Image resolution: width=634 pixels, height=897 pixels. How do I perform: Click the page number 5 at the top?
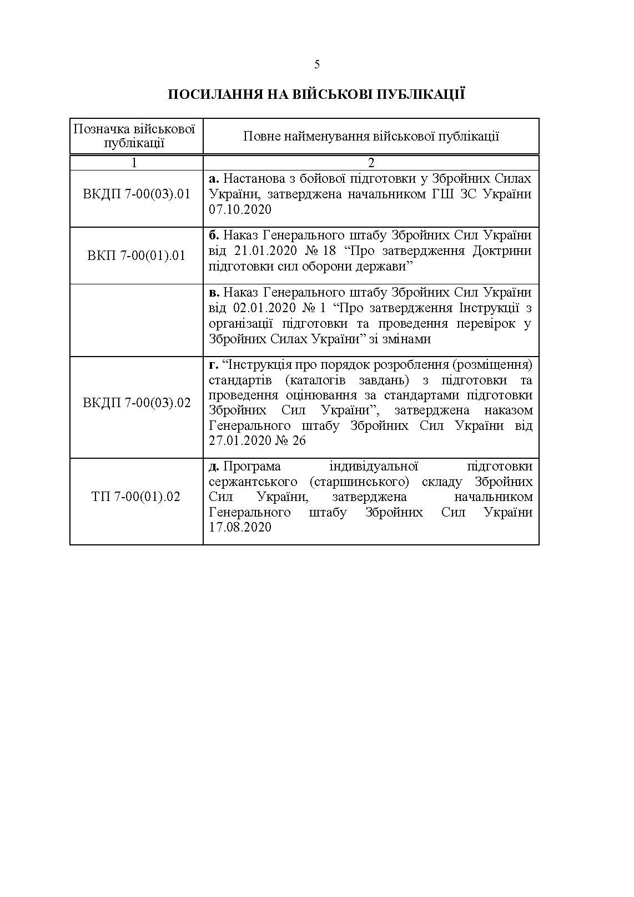pos(317,64)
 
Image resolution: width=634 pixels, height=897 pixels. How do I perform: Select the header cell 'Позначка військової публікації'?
pos(134,136)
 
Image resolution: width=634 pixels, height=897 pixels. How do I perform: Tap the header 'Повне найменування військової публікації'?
pos(371,136)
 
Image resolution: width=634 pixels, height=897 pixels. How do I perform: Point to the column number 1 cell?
pos(134,163)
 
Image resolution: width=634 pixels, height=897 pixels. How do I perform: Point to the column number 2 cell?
pos(371,163)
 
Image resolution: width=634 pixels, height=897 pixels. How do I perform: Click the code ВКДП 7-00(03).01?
pos(137,194)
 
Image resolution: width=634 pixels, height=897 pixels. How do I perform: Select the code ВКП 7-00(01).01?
pos(137,256)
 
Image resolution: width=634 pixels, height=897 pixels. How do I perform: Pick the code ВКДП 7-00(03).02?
pos(137,403)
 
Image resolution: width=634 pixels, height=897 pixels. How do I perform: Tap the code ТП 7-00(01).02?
pos(137,497)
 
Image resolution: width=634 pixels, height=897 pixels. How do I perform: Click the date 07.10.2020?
pos(240,210)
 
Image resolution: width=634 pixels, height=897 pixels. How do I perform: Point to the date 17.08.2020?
pos(240,527)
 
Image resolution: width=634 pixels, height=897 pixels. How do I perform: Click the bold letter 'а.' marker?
pos(214,179)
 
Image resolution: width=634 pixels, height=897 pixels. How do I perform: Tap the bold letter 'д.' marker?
pos(214,467)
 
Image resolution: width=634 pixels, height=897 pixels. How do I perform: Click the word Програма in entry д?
pos(252,467)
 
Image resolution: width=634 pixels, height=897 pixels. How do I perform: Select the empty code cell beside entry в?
pos(137,320)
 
